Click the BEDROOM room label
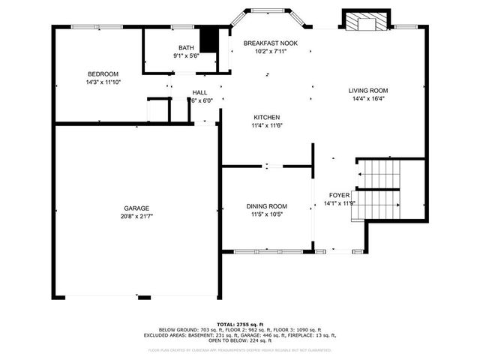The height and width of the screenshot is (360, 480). pyautogui.click(x=103, y=73)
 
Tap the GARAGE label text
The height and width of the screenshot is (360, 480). pyautogui.click(x=136, y=208)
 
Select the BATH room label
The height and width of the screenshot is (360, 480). pyautogui.click(x=185, y=47)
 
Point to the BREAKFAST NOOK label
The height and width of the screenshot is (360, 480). pyautogui.click(x=270, y=43)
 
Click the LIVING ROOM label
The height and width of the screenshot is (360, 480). pyautogui.click(x=368, y=91)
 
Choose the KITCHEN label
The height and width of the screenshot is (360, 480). pyautogui.click(x=266, y=118)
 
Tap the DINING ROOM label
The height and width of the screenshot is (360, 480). pyautogui.click(x=267, y=206)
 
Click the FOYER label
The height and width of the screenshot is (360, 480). pyautogui.click(x=334, y=195)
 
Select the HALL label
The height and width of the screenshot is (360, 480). pyautogui.click(x=199, y=92)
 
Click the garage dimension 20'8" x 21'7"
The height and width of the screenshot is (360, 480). pyautogui.click(x=136, y=216)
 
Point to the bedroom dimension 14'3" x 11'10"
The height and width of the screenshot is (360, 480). pyautogui.click(x=103, y=82)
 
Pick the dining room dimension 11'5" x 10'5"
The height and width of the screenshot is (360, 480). pyautogui.click(x=267, y=214)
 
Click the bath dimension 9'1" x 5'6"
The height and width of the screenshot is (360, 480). pyautogui.click(x=185, y=55)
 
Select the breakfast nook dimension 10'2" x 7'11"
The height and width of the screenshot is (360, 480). pyautogui.click(x=270, y=52)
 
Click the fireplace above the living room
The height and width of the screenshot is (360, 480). pyautogui.click(x=366, y=22)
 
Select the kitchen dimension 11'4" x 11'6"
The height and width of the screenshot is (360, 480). pyautogui.click(x=266, y=126)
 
